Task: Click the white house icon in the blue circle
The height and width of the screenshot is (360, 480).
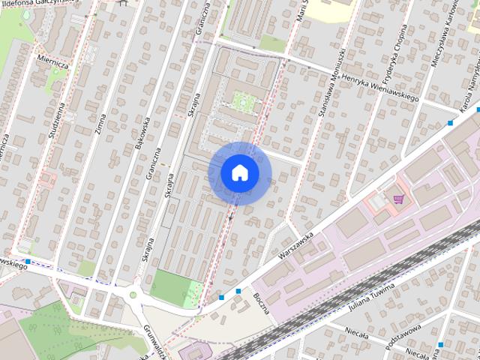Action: coord(239,172)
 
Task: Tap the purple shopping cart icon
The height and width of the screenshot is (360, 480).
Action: coord(398,199)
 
